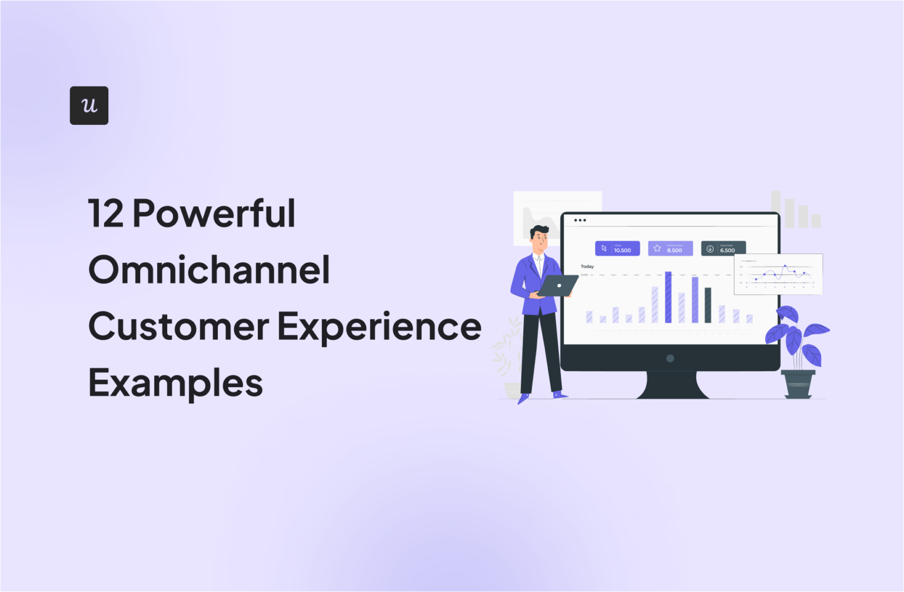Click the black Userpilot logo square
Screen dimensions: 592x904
pyautogui.click(x=89, y=105)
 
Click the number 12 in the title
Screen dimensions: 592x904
pyautogui.click(x=106, y=213)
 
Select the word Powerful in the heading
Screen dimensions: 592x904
pyautogui.click(x=214, y=213)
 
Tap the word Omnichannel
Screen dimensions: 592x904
pyautogui.click(x=209, y=270)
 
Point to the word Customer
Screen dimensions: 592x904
pyautogui.click(x=178, y=326)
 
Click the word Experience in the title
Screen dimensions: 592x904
pyautogui.click(x=379, y=326)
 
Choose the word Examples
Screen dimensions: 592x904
pyautogui.click(x=175, y=383)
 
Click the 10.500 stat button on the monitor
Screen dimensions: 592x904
pyautogui.click(x=617, y=249)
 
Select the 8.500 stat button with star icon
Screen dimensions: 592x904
pyautogui.click(x=670, y=249)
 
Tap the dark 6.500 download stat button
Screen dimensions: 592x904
pyautogui.click(x=723, y=249)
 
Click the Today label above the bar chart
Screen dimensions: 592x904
pyautogui.click(x=587, y=266)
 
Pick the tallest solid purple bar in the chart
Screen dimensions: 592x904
pyautogui.click(x=668, y=297)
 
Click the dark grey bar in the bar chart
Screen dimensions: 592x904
pyautogui.click(x=708, y=305)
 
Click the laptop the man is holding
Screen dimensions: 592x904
pyautogui.click(x=557, y=286)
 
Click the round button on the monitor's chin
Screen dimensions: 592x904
pyautogui.click(x=670, y=358)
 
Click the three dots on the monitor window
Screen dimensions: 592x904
pyautogui.click(x=580, y=220)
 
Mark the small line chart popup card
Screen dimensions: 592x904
pyautogui.click(x=777, y=274)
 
